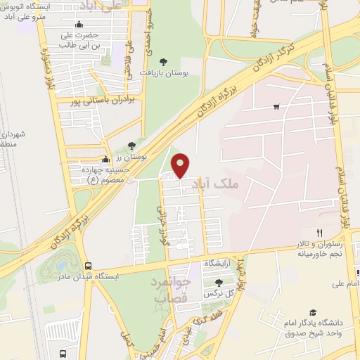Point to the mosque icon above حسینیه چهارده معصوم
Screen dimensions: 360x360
tap(105, 158)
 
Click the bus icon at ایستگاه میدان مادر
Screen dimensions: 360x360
tap(88, 266)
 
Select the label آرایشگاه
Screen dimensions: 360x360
tap(217, 262)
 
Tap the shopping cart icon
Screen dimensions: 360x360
tap(276, 107)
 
